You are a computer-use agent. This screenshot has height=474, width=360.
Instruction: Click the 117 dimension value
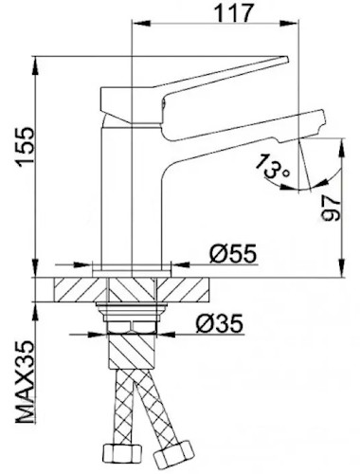coord(234,13)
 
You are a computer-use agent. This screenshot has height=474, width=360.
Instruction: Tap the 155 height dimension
coord(26,147)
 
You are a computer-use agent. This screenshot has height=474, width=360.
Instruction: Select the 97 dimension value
coord(331,208)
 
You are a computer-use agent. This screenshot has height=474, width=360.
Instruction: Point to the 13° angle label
coord(272,167)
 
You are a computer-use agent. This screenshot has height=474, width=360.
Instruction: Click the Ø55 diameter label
coord(233,253)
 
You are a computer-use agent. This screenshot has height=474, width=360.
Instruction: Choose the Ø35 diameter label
coord(220,323)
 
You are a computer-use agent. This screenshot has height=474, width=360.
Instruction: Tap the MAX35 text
coord(26,381)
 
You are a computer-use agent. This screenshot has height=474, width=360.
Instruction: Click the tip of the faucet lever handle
coord(287,59)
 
